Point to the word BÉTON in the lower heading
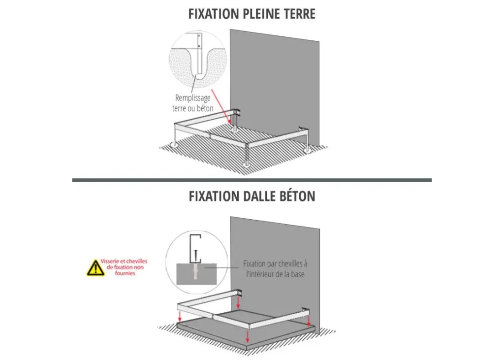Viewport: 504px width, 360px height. tap(299, 196)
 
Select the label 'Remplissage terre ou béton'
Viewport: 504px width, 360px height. tap(192, 103)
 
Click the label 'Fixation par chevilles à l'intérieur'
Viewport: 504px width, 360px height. tap(275, 268)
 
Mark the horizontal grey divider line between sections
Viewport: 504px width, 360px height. tap(252, 180)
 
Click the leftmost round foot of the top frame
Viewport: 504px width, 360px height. tap(174, 144)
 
